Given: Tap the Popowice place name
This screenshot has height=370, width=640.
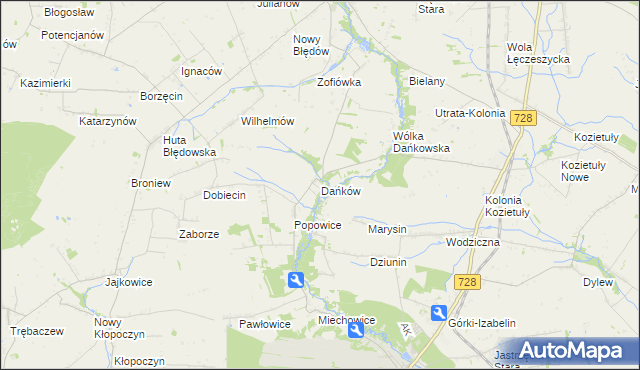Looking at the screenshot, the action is click(x=318, y=226).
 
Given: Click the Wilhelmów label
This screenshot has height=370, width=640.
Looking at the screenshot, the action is click(x=267, y=121).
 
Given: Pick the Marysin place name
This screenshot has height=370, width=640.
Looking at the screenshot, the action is click(x=387, y=229).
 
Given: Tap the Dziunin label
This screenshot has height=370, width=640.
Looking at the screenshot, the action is click(x=390, y=262).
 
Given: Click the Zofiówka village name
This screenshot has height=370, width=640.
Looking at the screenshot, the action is click(x=338, y=82).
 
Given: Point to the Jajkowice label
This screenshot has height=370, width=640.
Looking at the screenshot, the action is click(x=129, y=282).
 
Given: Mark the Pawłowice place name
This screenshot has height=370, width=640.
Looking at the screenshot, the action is click(x=264, y=324).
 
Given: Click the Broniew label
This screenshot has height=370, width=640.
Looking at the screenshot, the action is click(x=151, y=184).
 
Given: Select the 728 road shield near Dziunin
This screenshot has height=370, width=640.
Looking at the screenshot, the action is click(x=467, y=283).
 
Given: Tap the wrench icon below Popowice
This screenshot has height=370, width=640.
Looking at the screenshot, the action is click(x=295, y=281).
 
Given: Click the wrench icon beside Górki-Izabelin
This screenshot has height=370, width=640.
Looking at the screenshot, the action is click(x=438, y=313).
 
